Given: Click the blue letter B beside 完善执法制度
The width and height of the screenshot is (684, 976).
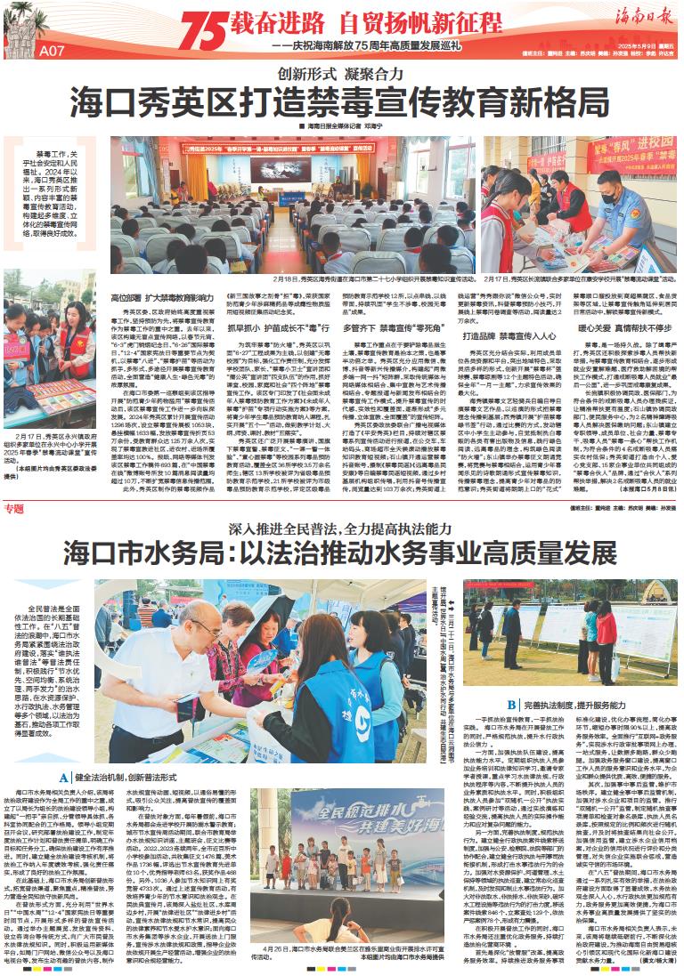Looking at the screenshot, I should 512,704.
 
